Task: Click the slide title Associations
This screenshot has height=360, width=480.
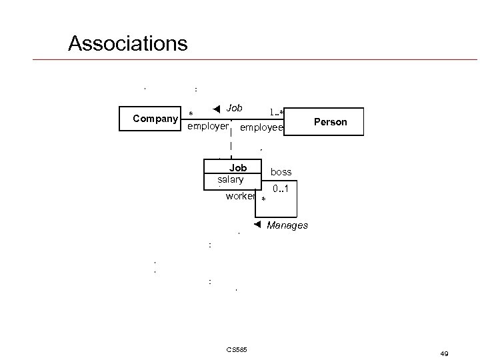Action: (x=127, y=44)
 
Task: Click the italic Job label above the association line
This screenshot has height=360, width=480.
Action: (x=234, y=107)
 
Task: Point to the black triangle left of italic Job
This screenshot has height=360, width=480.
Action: (x=216, y=109)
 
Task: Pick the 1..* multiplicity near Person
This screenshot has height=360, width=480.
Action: (x=277, y=112)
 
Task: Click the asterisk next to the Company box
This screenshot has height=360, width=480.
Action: (x=191, y=114)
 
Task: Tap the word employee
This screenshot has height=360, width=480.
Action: (x=261, y=127)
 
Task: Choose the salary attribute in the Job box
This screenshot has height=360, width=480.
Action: (x=231, y=180)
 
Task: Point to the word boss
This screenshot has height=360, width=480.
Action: (x=281, y=172)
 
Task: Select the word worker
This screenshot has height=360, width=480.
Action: (x=240, y=196)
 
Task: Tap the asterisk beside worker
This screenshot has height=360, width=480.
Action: (x=264, y=200)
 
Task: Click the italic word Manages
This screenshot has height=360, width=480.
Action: (x=287, y=225)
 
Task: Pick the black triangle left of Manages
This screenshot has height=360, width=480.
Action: (x=259, y=225)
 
